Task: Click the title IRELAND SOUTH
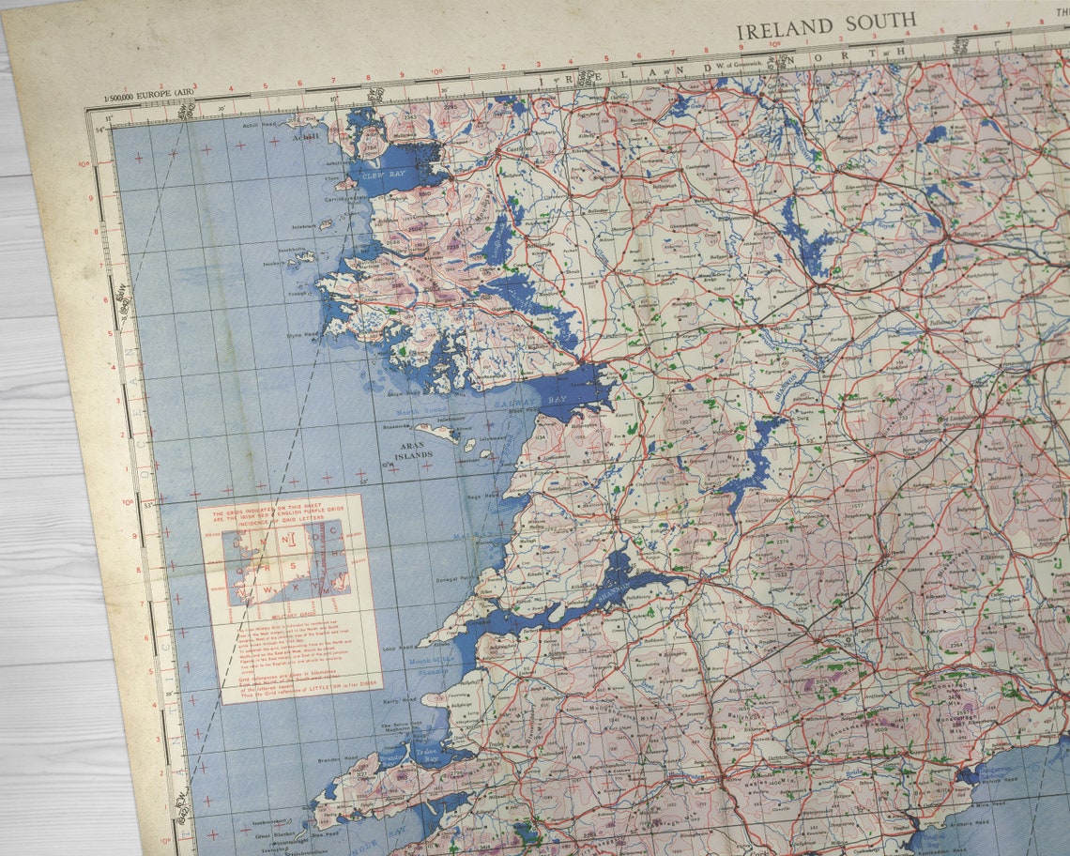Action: coord(826,26)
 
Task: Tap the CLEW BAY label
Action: coord(374,175)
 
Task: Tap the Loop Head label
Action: coord(400,648)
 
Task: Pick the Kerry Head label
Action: coord(398,699)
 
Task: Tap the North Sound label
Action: coord(411,413)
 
